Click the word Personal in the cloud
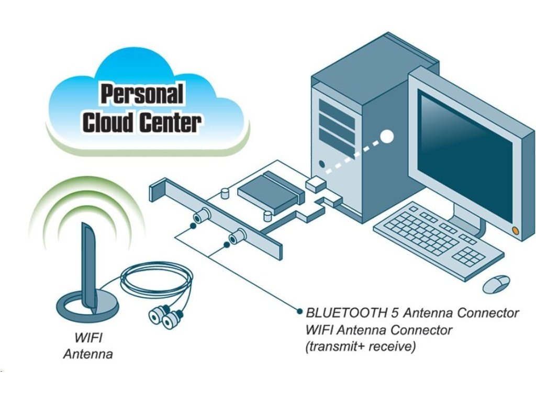[x=142, y=95]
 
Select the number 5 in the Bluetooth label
[x=397, y=313]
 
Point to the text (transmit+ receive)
[x=361, y=347]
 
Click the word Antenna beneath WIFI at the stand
[x=88, y=354]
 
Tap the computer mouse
[x=496, y=283]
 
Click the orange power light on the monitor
[x=516, y=230]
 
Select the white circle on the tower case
[x=387, y=137]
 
